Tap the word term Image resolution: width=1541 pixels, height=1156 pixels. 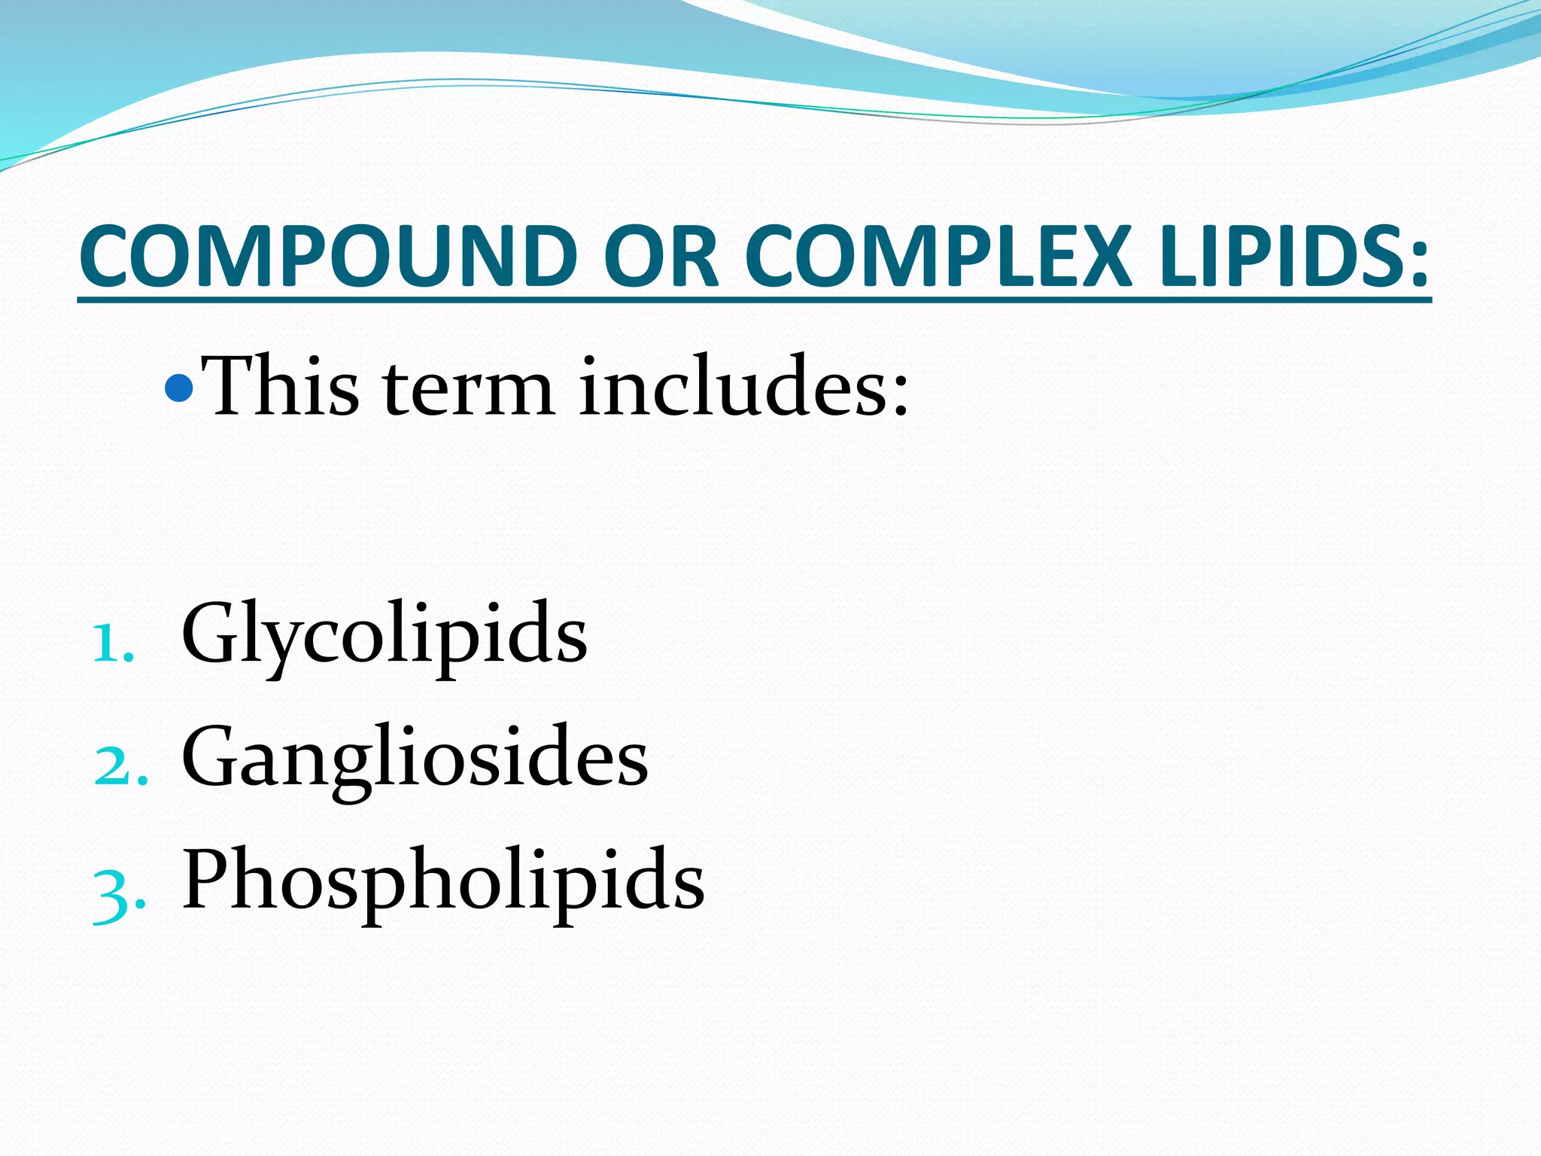(x=468, y=391)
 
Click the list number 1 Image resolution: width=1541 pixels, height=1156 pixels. (x=112, y=644)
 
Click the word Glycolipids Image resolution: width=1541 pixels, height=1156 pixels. (x=384, y=634)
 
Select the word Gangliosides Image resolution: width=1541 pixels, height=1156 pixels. (x=415, y=757)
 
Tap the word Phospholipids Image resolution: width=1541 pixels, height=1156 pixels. (x=443, y=881)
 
